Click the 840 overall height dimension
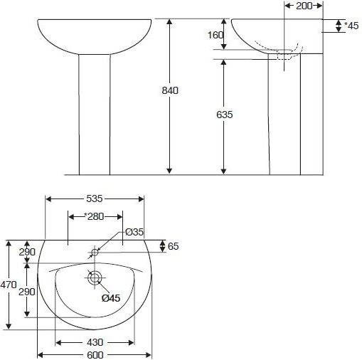pos(170,90)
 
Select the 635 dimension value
pos(225,115)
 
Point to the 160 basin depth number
pos(215,35)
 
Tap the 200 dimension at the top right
pos(304,6)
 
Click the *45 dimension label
pos(351,26)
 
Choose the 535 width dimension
pos(95,198)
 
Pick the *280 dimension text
pos(94,216)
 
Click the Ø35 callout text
pos(134,232)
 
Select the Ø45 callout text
pos(111,298)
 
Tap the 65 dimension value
pos(174,246)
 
